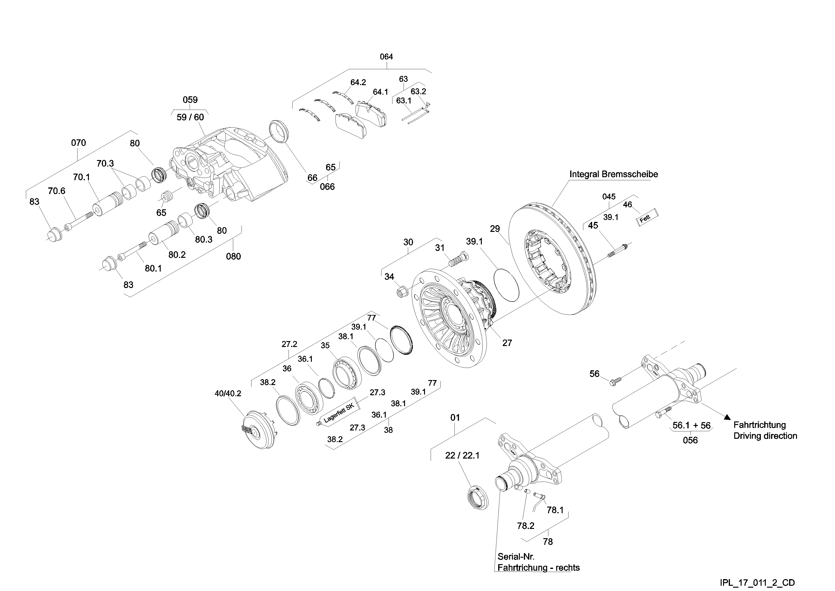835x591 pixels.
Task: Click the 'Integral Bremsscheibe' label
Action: point(613,174)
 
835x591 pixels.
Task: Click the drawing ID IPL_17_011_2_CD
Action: point(758,583)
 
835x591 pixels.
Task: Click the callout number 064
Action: point(386,57)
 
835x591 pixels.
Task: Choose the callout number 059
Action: point(190,100)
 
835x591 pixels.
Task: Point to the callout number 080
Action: point(233,257)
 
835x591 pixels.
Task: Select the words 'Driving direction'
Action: point(765,436)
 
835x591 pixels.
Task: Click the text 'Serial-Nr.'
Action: point(516,557)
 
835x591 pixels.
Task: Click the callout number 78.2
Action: point(526,526)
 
